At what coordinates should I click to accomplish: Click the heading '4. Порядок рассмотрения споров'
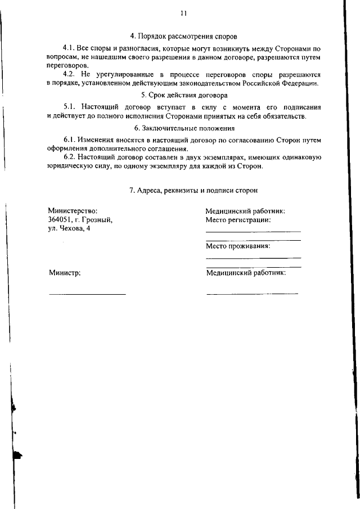click(184, 37)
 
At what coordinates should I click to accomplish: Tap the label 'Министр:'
click(65, 273)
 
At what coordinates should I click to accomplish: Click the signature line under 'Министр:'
click(87, 294)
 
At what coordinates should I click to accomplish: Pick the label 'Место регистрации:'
click(238, 220)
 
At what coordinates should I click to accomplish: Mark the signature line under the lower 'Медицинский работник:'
click(252, 293)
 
